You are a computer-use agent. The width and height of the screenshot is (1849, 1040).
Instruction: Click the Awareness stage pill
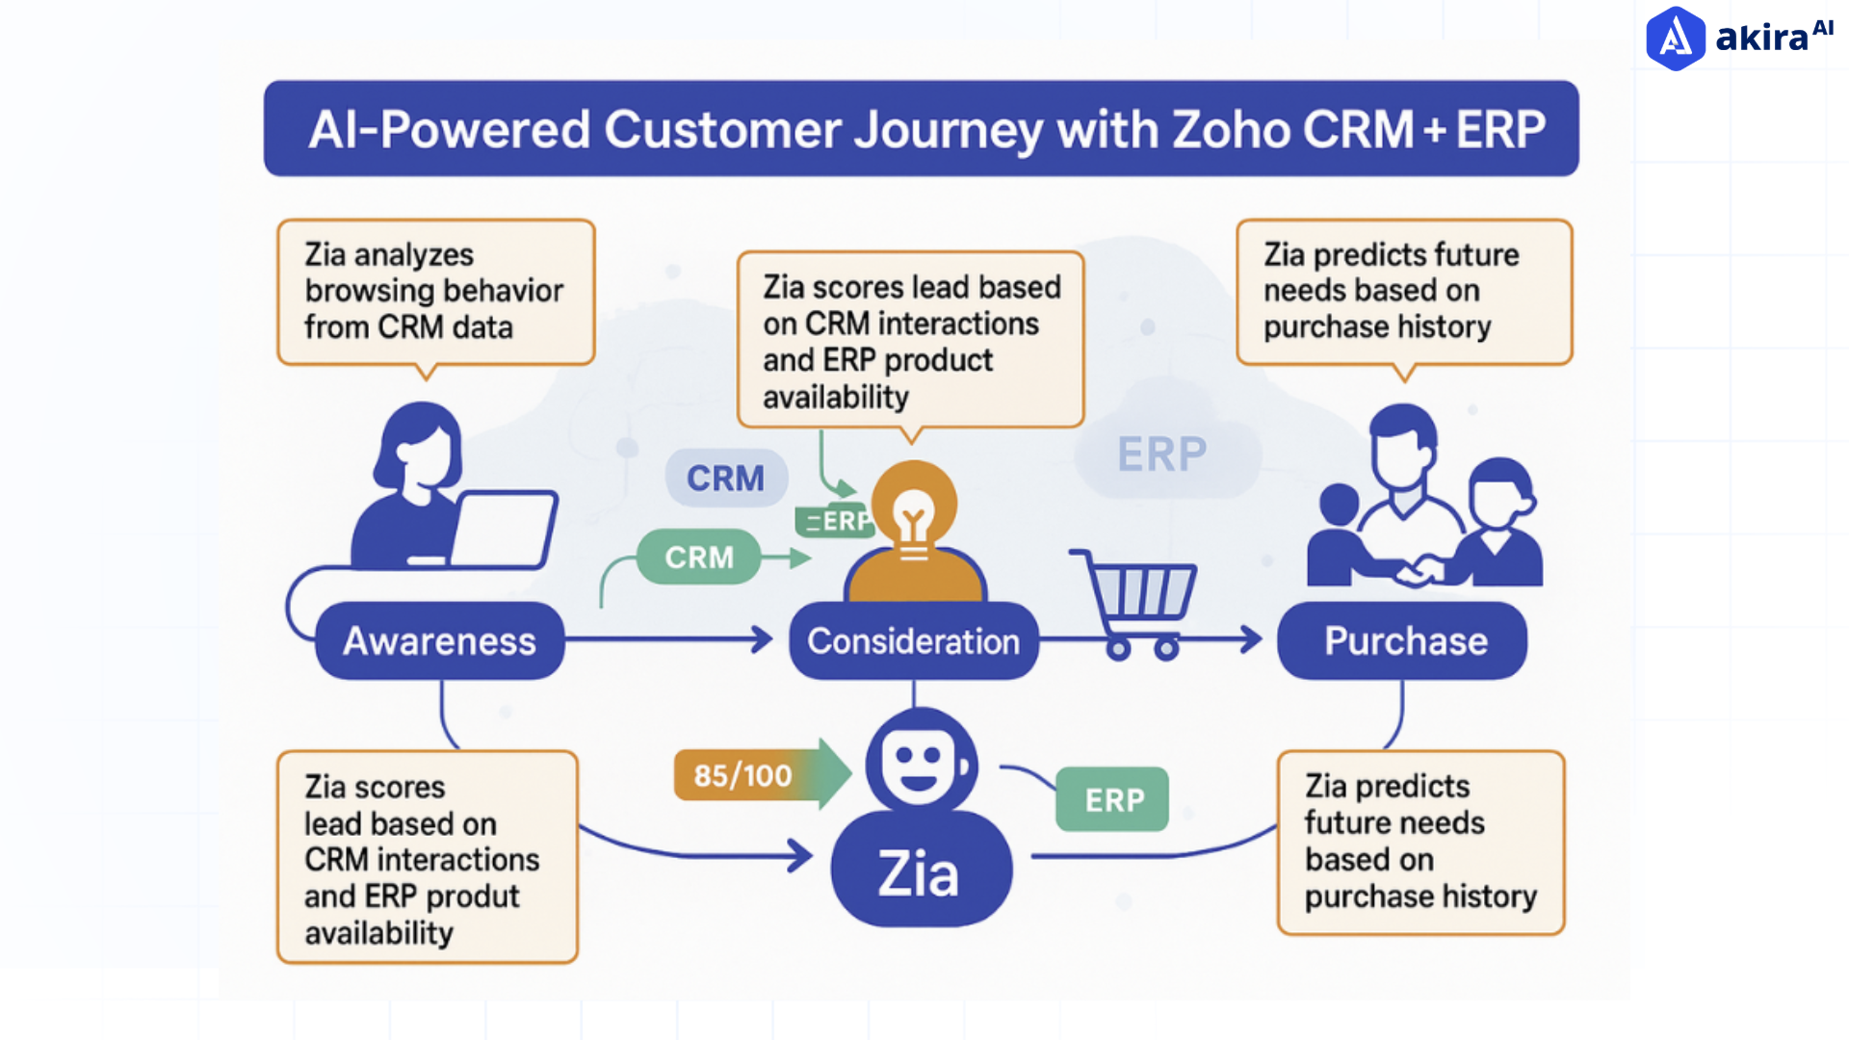click(x=439, y=641)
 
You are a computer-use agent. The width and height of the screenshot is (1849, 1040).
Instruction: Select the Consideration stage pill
click(x=913, y=641)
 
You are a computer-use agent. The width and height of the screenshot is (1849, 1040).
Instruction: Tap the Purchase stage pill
click(x=1403, y=641)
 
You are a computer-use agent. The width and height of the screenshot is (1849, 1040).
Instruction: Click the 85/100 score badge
click(x=742, y=775)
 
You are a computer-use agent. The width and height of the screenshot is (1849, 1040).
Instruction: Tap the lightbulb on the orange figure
click(x=913, y=516)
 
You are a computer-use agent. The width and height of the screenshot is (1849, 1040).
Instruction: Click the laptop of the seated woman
click(x=502, y=530)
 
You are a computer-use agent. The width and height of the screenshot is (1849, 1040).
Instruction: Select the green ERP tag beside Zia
click(x=1112, y=799)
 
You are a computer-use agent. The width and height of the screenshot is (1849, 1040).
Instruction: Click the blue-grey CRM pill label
click(x=725, y=479)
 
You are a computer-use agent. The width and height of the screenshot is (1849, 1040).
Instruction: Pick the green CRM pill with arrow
click(x=699, y=558)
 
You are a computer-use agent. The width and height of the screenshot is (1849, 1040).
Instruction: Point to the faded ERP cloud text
click(x=1161, y=455)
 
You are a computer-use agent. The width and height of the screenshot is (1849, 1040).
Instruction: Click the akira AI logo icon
click(x=1676, y=39)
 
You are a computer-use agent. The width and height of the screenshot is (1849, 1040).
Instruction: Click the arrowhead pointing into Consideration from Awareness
click(x=764, y=638)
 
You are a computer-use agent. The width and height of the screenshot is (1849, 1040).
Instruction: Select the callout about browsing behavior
click(x=435, y=292)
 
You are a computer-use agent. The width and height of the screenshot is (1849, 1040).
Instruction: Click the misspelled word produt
click(x=472, y=897)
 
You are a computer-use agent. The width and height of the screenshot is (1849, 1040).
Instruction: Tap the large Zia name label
click(x=919, y=874)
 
